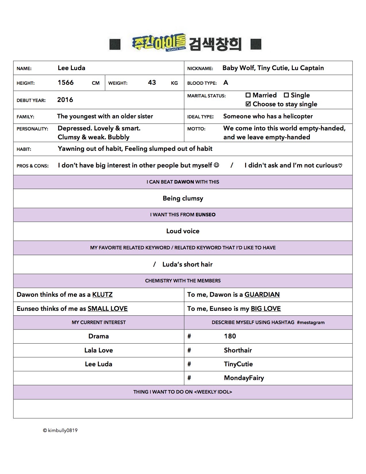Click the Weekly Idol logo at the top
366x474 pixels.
(159, 43)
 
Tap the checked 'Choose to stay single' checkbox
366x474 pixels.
(248, 104)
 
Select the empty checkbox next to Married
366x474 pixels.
(248, 95)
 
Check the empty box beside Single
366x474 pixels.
(286, 95)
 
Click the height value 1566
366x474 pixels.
(66, 83)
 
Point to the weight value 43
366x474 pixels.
(152, 83)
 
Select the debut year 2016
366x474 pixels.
(65, 100)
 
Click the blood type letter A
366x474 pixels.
(226, 83)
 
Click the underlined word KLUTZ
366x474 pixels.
(102, 295)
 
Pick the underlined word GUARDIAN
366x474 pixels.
(262, 295)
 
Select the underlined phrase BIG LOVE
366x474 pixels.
(266, 309)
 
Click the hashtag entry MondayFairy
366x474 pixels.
(244, 378)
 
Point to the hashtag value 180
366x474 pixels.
(230, 336)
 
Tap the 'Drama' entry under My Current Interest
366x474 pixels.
(98, 336)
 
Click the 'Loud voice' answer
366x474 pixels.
(183, 231)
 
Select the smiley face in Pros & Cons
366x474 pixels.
(216, 165)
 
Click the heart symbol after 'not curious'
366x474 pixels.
(340, 166)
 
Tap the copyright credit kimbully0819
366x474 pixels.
(60, 430)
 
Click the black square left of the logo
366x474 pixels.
(115, 44)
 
